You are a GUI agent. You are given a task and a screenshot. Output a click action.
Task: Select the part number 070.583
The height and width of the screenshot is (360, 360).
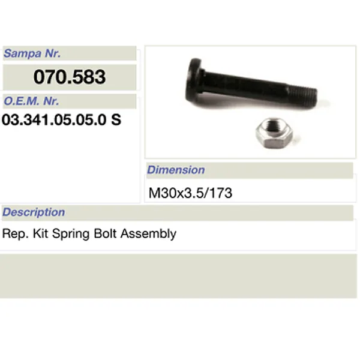click(70, 77)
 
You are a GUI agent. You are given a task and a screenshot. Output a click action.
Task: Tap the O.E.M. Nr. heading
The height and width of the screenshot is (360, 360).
click(31, 101)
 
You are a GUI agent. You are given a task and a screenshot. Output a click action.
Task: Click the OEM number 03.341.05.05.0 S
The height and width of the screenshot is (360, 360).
click(62, 119)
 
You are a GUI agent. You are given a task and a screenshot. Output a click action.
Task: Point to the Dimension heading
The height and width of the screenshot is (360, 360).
click(176, 170)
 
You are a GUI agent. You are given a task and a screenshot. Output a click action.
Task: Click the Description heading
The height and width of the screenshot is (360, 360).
click(34, 212)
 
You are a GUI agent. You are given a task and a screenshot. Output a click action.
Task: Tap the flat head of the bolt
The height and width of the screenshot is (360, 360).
click(194, 77)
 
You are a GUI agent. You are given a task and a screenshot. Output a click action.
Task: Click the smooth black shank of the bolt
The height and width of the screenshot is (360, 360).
click(240, 86)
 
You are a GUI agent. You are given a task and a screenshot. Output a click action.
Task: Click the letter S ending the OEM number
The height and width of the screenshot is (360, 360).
click(116, 119)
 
